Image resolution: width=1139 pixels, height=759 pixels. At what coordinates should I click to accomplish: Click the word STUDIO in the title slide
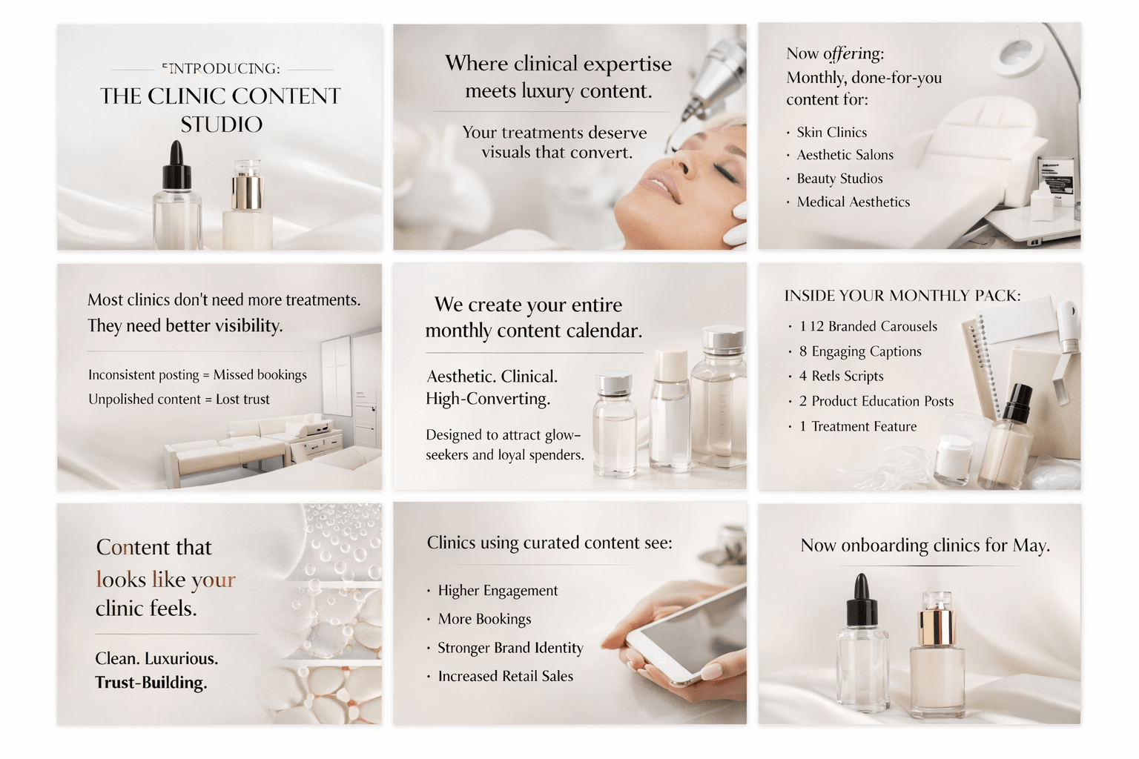click(222, 125)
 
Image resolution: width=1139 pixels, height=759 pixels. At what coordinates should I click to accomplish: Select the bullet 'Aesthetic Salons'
click(845, 155)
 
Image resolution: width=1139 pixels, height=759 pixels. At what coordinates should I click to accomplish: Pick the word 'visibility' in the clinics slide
click(248, 326)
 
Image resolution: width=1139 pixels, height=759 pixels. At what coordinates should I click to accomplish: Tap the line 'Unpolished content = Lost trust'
click(179, 399)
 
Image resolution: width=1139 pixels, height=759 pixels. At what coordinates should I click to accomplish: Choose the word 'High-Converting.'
click(488, 399)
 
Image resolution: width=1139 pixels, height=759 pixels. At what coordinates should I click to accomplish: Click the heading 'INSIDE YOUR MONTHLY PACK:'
click(902, 295)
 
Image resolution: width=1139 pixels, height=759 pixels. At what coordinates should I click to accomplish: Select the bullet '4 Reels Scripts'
click(841, 376)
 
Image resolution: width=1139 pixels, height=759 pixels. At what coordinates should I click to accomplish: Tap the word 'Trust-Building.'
click(151, 682)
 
